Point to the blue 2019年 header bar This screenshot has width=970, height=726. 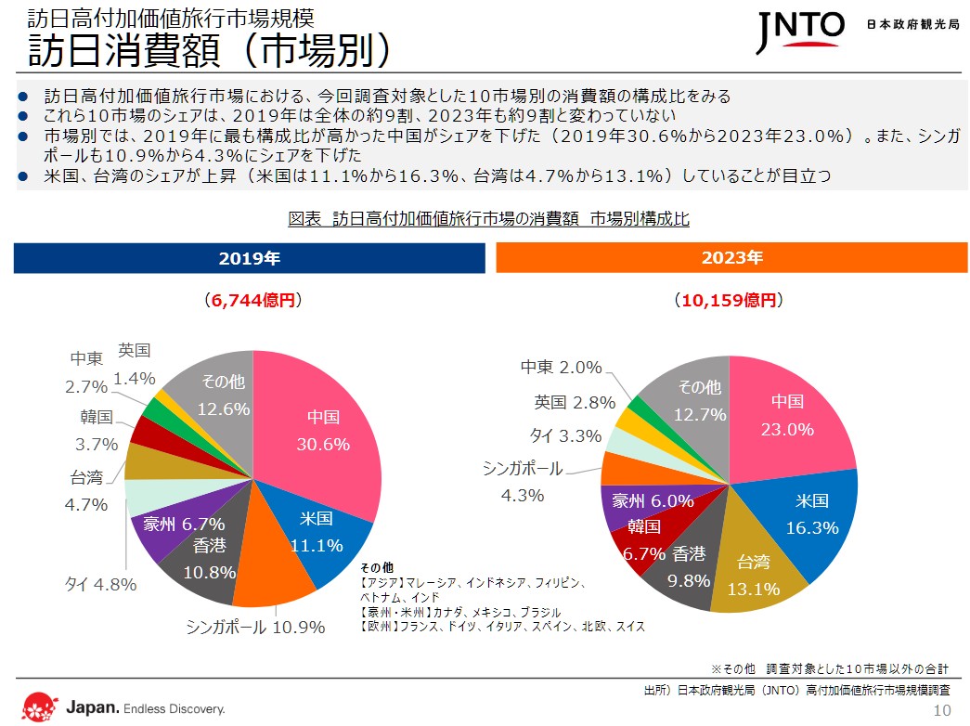pyautogui.click(x=249, y=258)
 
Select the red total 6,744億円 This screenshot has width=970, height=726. pyautogui.click(x=252, y=301)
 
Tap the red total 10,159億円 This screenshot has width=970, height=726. pyautogui.click(x=729, y=301)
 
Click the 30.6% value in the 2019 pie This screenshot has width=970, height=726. pyautogui.click(x=323, y=445)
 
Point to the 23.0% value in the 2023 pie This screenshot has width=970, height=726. pyautogui.click(x=787, y=430)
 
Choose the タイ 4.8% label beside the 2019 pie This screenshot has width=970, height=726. pyautogui.click(x=100, y=585)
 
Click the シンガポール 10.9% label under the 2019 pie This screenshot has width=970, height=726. pyautogui.click(x=255, y=628)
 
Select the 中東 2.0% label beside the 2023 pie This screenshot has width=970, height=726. pyautogui.click(x=561, y=368)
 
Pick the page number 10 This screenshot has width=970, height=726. pyautogui.click(x=942, y=710)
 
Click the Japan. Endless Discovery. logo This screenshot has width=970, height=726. pyautogui.click(x=124, y=707)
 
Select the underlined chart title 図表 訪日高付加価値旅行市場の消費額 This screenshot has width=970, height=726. pyautogui.click(x=488, y=219)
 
